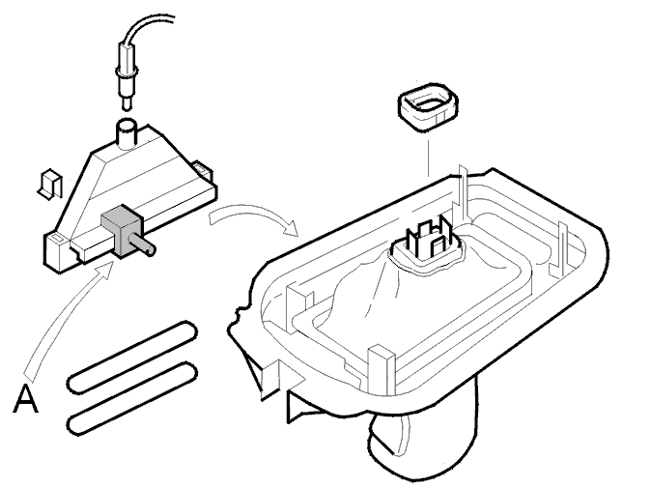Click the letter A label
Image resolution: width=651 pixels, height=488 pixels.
click(x=26, y=399)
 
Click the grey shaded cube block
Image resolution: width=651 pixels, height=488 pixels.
click(x=119, y=230)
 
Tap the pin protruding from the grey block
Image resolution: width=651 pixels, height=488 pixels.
click(x=145, y=244)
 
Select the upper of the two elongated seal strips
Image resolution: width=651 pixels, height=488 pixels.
click(x=131, y=358)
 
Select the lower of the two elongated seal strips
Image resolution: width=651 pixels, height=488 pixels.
click(x=131, y=399)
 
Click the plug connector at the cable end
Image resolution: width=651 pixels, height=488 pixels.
click(x=127, y=75)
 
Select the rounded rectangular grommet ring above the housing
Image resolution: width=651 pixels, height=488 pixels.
click(x=429, y=106)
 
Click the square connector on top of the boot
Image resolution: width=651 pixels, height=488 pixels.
click(x=428, y=241)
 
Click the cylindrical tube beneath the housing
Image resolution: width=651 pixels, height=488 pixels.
click(x=423, y=436)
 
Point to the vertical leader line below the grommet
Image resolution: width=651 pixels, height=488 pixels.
click(x=428, y=158)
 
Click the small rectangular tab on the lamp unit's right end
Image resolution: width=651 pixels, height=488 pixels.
click(x=203, y=169)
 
